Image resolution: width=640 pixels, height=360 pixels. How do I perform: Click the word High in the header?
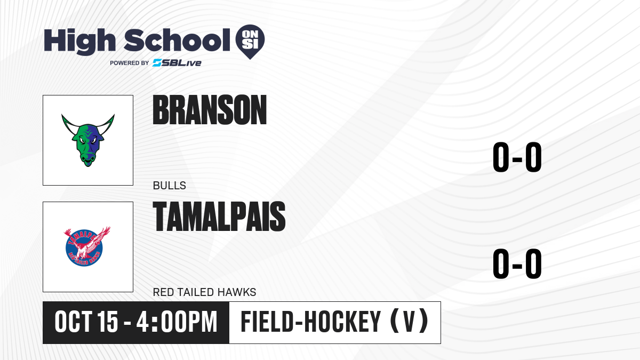click(79, 41)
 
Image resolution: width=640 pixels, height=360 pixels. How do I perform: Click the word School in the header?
click(177, 40)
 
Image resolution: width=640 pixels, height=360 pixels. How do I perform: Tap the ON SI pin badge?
click(250, 42)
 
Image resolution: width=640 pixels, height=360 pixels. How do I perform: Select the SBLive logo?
click(177, 62)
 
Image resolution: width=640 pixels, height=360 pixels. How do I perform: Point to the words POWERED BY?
click(130, 63)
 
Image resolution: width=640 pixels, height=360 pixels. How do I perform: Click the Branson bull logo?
click(88, 140)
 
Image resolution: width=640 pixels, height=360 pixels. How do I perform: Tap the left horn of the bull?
click(69, 124)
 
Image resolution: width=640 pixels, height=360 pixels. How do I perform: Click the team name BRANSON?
click(210, 110)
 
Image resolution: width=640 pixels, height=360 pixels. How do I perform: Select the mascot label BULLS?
click(170, 186)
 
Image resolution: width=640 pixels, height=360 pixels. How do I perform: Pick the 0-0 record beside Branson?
click(517, 157)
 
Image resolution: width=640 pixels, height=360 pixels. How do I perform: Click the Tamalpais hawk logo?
click(87, 246)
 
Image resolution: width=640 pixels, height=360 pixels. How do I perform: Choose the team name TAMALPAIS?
click(219, 217)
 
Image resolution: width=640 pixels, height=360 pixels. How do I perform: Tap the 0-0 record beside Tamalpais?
click(517, 263)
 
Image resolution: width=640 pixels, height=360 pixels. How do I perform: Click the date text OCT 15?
click(86, 322)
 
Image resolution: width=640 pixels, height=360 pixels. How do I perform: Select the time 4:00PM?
click(177, 322)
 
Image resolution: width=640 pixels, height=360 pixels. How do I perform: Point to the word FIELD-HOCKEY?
click(311, 322)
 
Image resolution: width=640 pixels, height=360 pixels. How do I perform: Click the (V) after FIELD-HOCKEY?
click(409, 322)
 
